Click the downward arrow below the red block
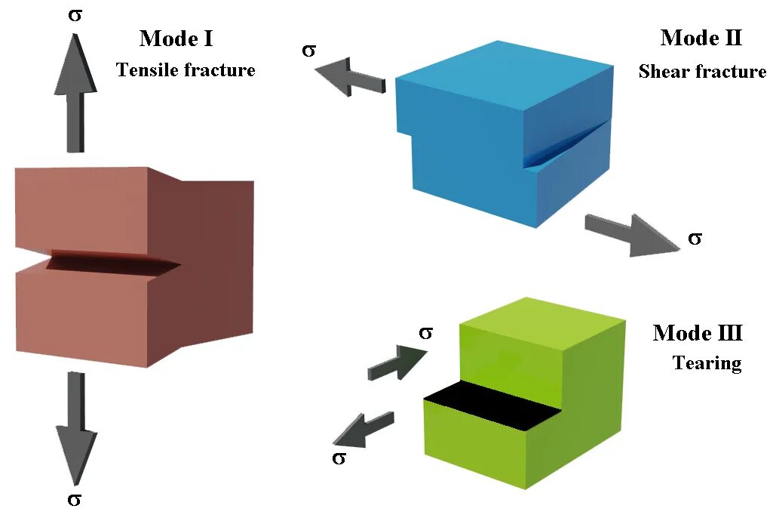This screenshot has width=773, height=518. (77, 427)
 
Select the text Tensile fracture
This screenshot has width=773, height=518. (186, 70)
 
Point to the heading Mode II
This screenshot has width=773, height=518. (701, 38)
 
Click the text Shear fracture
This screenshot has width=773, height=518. (702, 72)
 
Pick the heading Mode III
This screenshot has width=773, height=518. (698, 333)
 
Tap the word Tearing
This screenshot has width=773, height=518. (707, 363)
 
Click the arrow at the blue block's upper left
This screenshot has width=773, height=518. (350, 79)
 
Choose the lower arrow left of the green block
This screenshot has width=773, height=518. (363, 430)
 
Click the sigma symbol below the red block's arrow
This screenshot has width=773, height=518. (75, 499)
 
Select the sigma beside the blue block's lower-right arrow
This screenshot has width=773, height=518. (695, 239)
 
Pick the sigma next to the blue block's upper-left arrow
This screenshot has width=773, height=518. (308, 51)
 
